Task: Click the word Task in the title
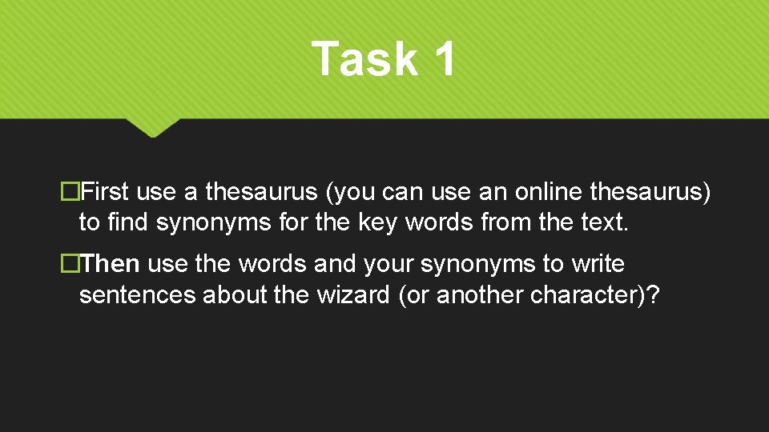364,59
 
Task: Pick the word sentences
137,294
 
